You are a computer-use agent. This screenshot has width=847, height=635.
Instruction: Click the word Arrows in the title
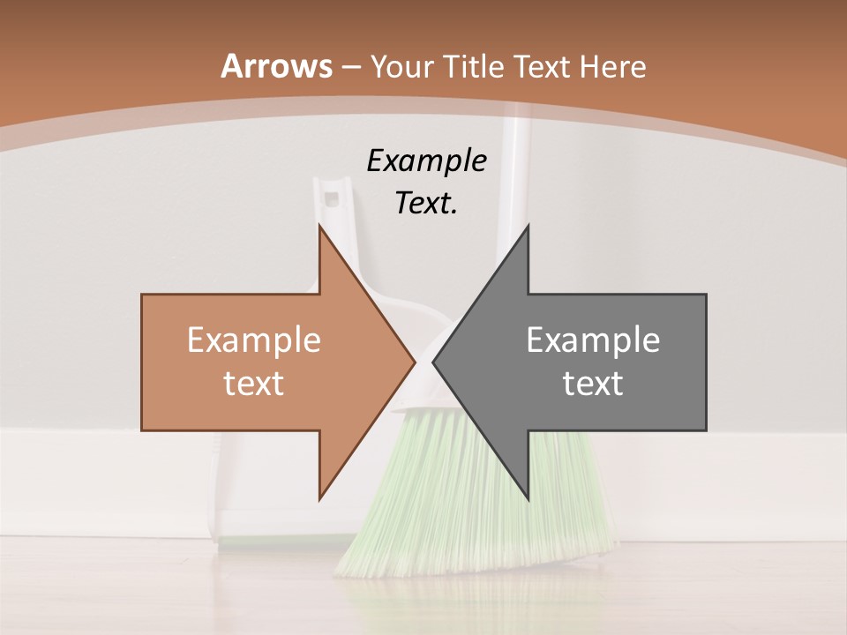click(276, 66)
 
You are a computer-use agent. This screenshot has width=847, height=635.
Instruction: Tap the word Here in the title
click(612, 66)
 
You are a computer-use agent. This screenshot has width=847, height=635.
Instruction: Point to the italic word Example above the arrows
click(426, 161)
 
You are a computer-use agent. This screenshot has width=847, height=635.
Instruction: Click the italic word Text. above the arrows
click(426, 204)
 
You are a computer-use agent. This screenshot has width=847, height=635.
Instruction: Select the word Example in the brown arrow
click(254, 340)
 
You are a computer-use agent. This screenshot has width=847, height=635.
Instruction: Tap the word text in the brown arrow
click(254, 384)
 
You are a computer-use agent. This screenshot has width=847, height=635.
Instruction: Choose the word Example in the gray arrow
click(593, 340)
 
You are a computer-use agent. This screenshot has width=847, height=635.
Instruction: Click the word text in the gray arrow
click(593, 384)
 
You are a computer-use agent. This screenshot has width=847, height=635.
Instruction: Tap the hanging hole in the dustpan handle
click(333, 197)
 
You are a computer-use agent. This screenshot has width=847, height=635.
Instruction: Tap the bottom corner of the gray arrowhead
click(528, 499)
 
